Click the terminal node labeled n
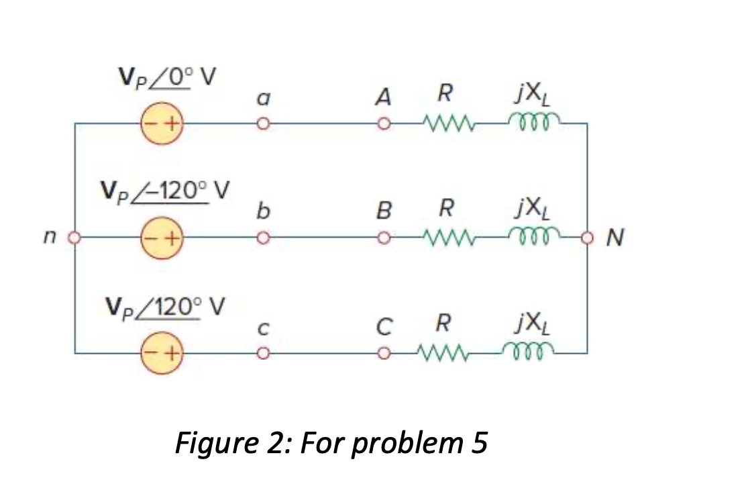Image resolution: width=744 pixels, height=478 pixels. click(75, 238)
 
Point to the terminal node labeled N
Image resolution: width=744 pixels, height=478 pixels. click(588, 238)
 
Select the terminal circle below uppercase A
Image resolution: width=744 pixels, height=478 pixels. click(384, 124)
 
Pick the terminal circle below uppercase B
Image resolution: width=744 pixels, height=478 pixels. click(384, 238)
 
